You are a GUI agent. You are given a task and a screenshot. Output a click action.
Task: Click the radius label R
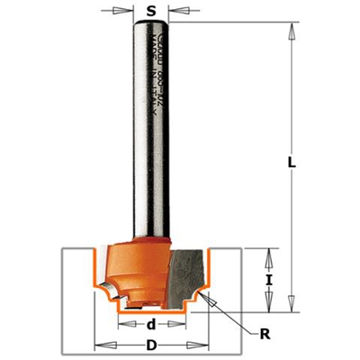coord(264,334)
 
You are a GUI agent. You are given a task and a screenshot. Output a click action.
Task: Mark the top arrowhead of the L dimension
coord(292,28)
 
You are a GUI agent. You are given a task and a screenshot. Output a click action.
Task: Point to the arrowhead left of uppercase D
coord(102,346)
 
